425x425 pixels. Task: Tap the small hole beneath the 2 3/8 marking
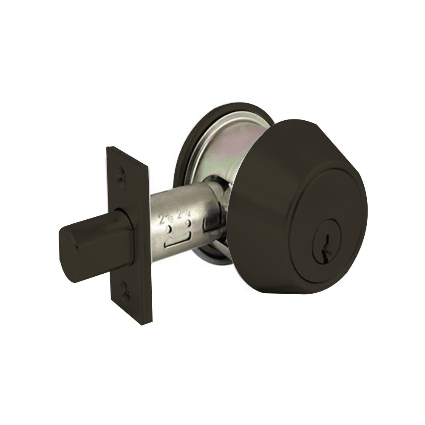coord(170,229)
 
